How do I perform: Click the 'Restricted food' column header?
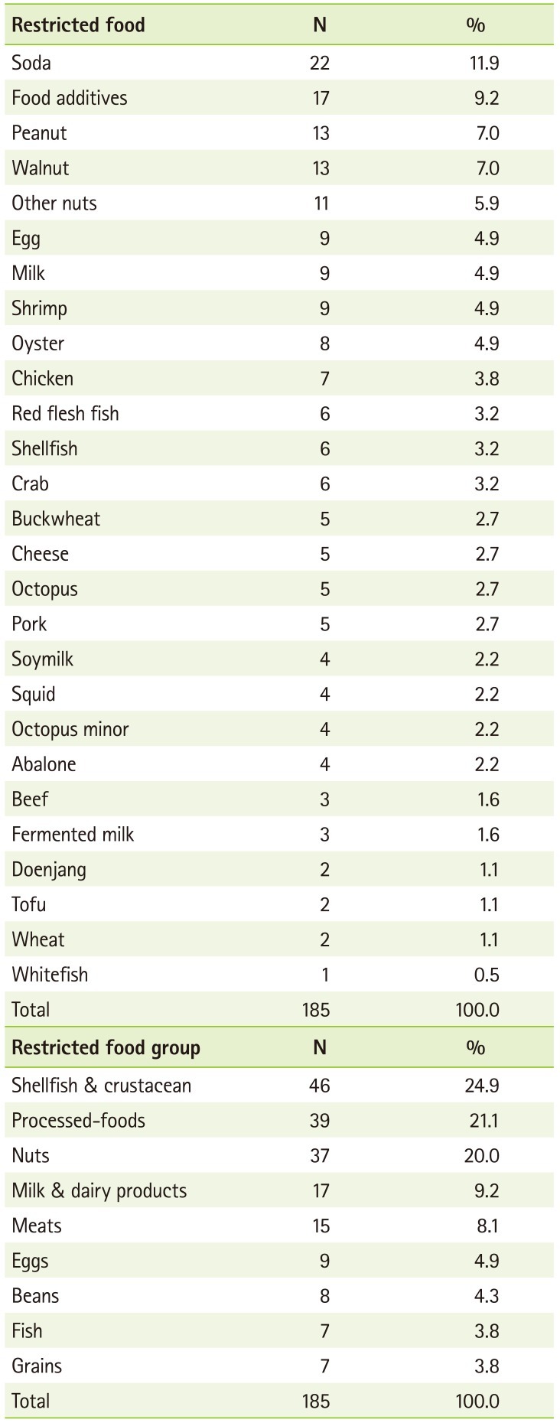pos(78,25)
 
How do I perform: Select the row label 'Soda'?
pos(31,63)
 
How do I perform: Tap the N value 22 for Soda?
pos(320,63)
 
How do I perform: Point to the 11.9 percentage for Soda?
pos(483,63)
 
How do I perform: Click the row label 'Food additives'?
pos(70,98)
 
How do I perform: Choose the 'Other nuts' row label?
pos(54,203)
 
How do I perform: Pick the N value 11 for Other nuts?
pos(321,203)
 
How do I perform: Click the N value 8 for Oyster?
pos(324,343)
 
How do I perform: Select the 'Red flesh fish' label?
pos(65,414)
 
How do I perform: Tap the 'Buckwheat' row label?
pos(56,519)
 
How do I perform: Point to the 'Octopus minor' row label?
pos(70,730)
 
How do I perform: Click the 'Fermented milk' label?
pos(73,835)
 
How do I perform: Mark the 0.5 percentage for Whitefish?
pos(487,975)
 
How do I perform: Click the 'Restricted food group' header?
pos(106,1048)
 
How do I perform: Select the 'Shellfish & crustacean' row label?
pos(101,1086)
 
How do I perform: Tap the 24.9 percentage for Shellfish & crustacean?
pos(482,1086)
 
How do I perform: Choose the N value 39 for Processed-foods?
pos(320,1122)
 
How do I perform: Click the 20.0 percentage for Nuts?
pos(482,1156)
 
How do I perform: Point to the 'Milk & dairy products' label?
pos(99,1191)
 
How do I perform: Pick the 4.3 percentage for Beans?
pos(487,1297)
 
